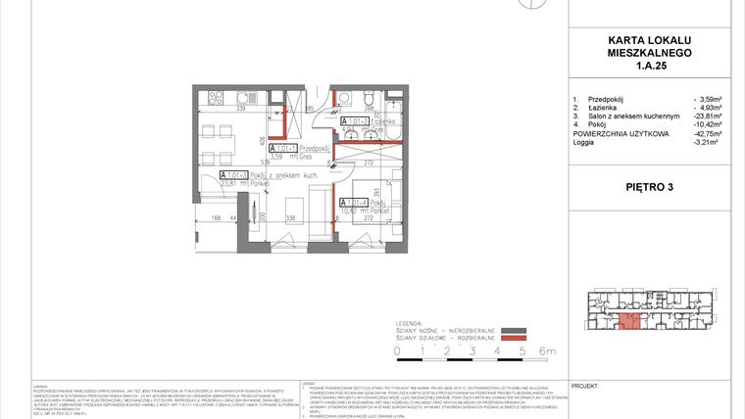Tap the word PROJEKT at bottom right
584,388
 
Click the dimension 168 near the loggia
188,219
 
